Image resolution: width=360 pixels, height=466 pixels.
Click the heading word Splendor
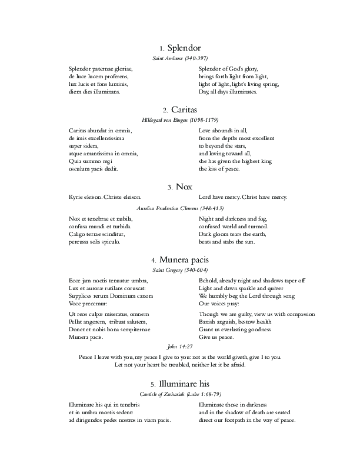(185, 48)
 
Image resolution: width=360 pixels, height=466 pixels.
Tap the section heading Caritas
(184, 109)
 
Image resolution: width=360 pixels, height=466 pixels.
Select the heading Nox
(184, 187)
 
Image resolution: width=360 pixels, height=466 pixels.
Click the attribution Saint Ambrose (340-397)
(180, 59)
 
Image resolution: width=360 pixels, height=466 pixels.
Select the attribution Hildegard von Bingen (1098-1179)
(180, 120)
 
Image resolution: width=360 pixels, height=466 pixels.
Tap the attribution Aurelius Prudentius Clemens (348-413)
(180, 208)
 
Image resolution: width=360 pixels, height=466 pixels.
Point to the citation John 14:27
(180, 347)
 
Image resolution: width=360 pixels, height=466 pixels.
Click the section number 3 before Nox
(169, 188)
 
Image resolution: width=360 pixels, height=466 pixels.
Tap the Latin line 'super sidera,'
(84, 145)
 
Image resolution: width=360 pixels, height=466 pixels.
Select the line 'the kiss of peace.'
(219, 169)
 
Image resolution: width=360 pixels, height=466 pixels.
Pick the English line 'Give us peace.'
(216, 337)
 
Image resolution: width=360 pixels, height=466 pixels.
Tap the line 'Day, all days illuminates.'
(228, 92)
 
